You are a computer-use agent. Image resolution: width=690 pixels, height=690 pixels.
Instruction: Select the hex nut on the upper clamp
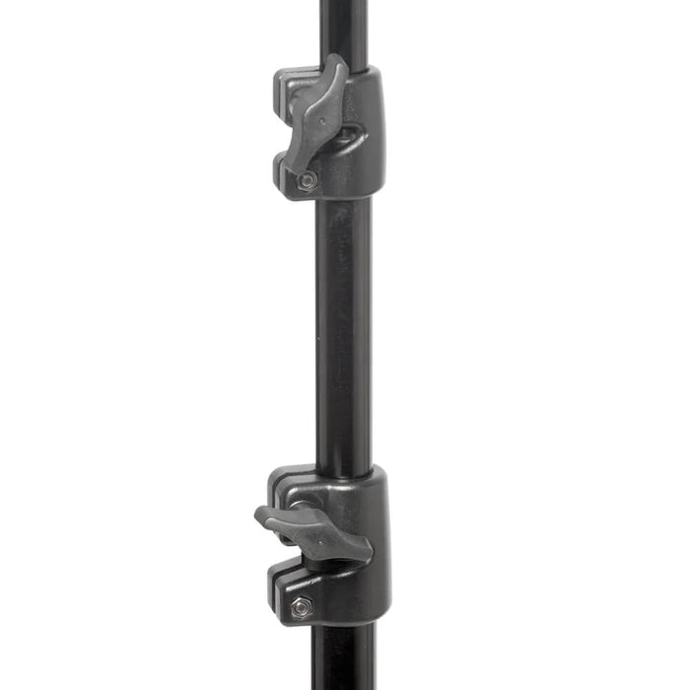coord(308,179)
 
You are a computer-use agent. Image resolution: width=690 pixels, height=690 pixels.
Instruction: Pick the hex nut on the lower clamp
coord(296,609)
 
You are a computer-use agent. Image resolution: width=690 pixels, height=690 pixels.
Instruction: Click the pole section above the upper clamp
coord(344,30)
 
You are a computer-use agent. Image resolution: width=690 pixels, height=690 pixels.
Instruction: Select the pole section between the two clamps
coord(344,325)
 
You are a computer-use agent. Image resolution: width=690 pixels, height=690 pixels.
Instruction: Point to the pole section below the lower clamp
coord(344,660)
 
